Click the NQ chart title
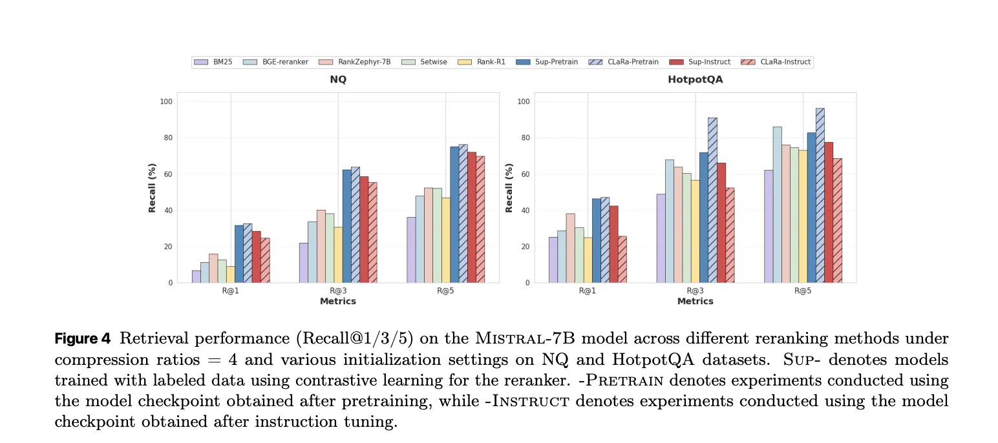[x=338, y=80]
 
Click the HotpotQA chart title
[x=695, y=80]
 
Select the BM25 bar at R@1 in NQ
[x=196, y=276]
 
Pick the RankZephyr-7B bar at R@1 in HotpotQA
[x=570, y=248]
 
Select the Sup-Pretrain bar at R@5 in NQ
[x=454, y=214]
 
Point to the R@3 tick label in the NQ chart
[x=338, y=291]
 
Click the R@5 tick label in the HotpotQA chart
[x=803, y=291]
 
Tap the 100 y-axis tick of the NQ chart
[x=165, y=102]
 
